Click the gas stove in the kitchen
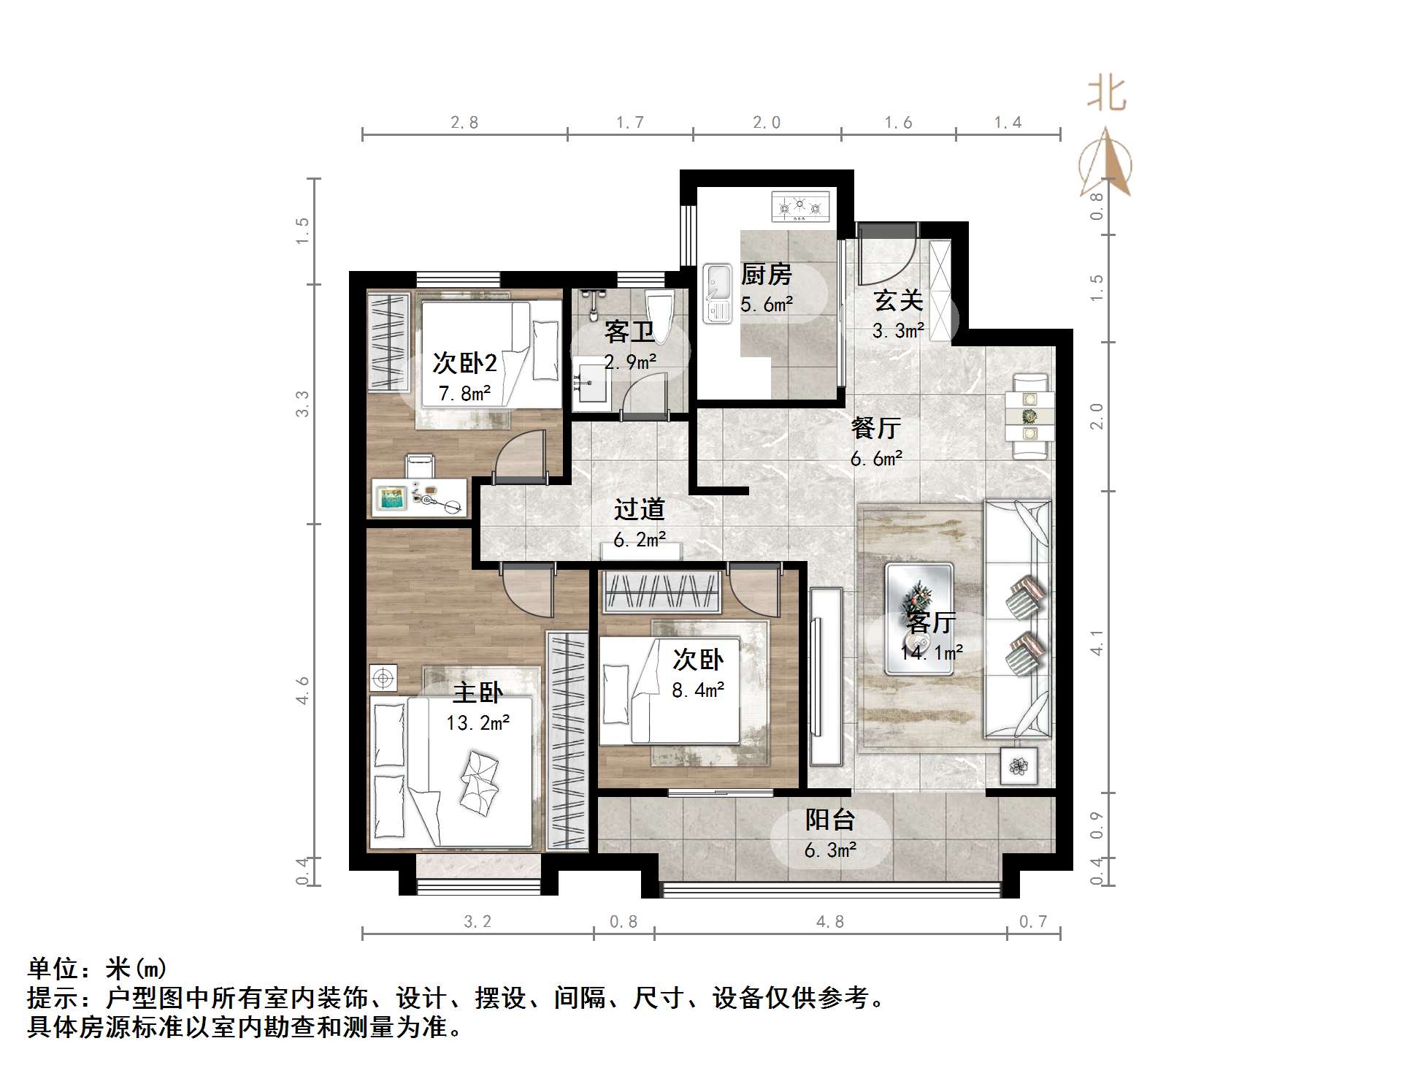point(801,207)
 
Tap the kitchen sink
point(717,293)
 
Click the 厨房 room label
point(766,275)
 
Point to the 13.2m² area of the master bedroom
point(477,723)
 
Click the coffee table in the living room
point(918,618)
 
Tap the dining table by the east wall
point(1029,416)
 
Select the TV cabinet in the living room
point(826,676)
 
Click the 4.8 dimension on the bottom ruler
point(829,922)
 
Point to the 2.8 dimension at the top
point(464,122)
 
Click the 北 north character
point(1107,94)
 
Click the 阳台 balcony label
point(829,820)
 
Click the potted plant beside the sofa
point(1018,766)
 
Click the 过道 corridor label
point(639,509)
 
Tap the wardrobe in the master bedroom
point(567,741)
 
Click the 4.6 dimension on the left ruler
point(302,690)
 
